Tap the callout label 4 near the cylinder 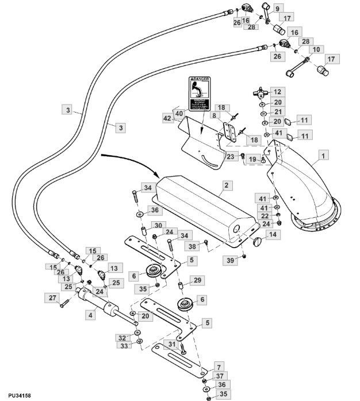pos(90,315)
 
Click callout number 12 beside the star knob pos(278,91)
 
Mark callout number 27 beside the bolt pos(52,298)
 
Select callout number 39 pos(230,261)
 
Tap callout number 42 pos(167,118)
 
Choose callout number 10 pos(316,51)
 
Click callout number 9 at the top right pos(277,8)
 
